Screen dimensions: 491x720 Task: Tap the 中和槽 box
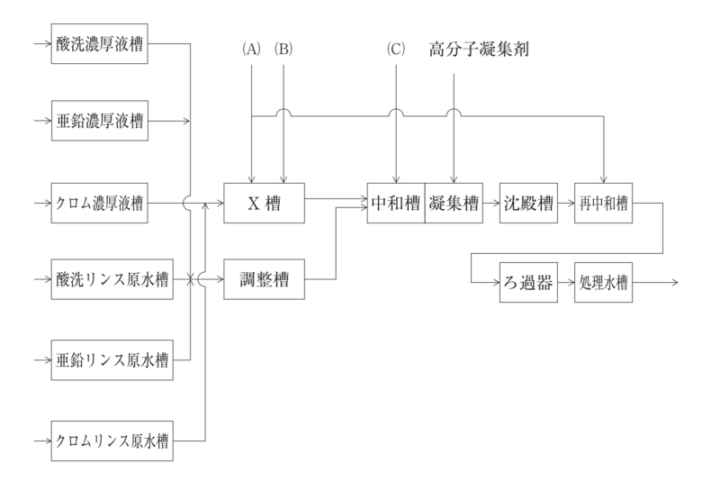[x=396, y=204]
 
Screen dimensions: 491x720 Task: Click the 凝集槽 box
[x=454, y=204]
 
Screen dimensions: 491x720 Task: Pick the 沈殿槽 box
[x=527, y=204]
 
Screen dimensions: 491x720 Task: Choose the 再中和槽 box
[x=602, y=204]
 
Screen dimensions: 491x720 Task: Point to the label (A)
[x=252, y=50]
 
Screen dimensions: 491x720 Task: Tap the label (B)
[x=283, y=50]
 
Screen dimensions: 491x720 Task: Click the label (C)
[x=396, y=50]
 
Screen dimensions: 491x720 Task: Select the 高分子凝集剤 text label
[x=478, y=50]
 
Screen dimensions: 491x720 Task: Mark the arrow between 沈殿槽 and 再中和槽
[x=565, y=204]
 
